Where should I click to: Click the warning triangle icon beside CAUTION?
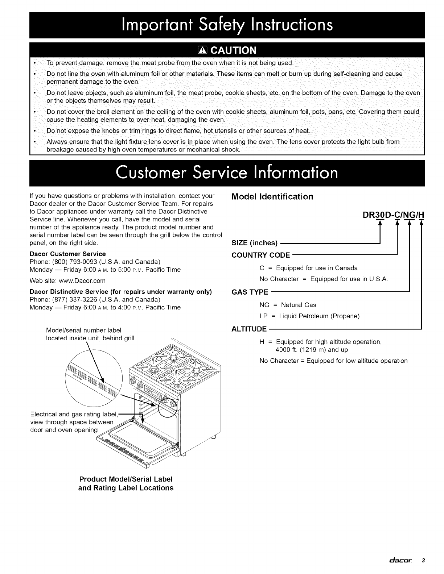(193, 50)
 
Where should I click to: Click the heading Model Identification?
(272, 197)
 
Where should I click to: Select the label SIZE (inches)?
(254, 243)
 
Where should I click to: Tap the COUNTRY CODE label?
(260, 255)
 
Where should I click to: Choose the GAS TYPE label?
(250, 292)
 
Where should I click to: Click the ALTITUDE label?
(249, 329)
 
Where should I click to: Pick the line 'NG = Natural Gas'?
(288, 305)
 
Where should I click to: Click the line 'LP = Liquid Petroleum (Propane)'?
(309, 316)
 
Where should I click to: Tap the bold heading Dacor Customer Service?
(67, 254)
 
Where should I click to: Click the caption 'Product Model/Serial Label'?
(126, 479)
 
